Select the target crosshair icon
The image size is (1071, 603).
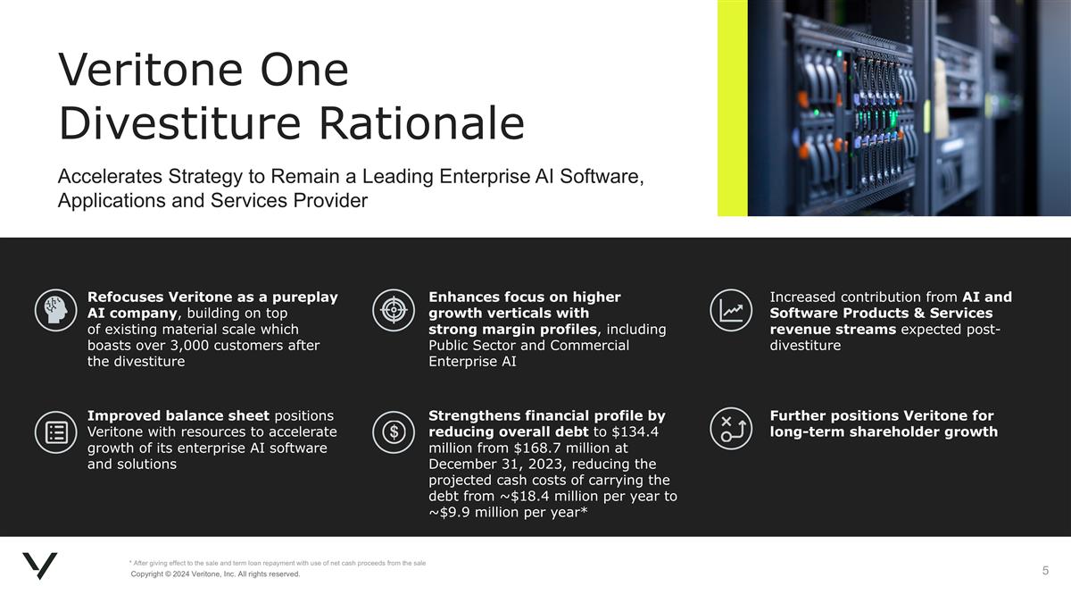click(392, 309)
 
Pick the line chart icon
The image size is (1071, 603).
click(733, 309)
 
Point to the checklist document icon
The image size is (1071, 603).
click(55, 431)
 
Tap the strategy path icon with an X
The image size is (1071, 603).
click(733, 431)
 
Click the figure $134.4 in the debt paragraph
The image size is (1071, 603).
click(635, 432)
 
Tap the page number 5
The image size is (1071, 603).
click(1045, 570)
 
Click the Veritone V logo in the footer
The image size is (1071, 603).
click(40, 566)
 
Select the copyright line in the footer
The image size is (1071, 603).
click(215, 574)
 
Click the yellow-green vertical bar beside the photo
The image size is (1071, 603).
click(732, 107)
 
